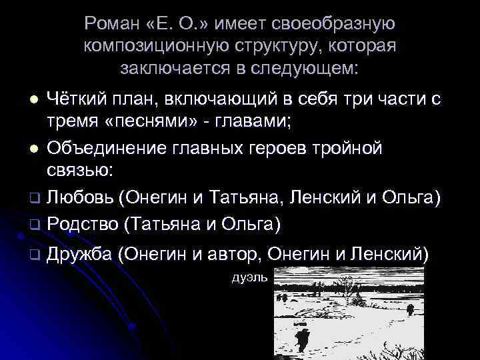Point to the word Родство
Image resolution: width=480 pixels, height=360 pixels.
83,223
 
